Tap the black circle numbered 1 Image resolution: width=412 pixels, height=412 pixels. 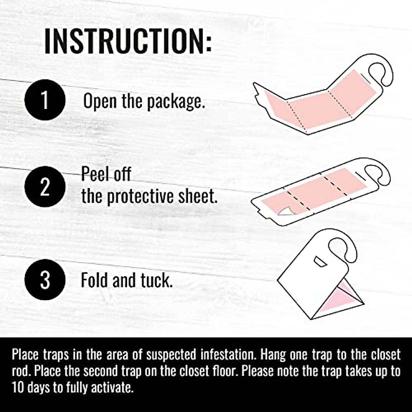pos(45,100)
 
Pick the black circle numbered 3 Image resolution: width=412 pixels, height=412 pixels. pos(45,280)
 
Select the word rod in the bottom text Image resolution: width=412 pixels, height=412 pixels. pos(20,371)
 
